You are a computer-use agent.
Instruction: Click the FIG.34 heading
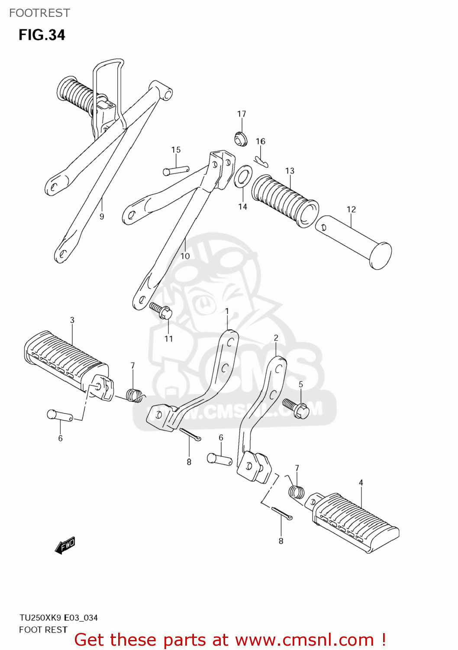[42, 35]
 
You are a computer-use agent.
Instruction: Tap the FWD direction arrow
[65, 545]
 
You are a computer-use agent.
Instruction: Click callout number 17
[242, 114]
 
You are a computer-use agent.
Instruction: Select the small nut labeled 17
[241, 139]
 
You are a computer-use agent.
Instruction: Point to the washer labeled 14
[243, 177]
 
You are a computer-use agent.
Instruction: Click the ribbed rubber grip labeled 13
[284, 200]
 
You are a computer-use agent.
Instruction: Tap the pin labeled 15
[175, 171]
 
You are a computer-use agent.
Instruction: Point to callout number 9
[102, 217]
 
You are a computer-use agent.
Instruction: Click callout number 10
[185, 256]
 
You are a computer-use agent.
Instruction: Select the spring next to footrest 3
[135, 395]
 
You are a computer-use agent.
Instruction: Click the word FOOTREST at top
[39, 13]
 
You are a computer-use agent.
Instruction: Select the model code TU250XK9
[41, 617]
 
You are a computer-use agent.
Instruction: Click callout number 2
[276, 338]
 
